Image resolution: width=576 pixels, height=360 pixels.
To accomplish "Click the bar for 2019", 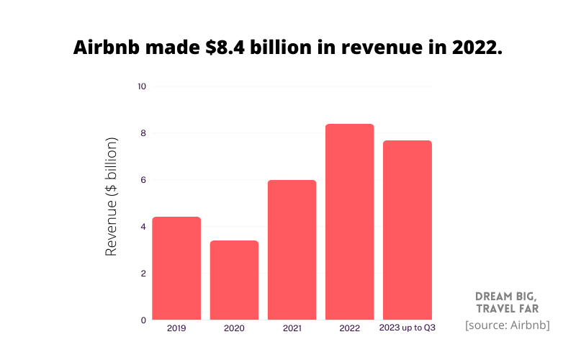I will point(176,268).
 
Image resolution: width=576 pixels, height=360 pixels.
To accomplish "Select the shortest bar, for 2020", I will point(234,280).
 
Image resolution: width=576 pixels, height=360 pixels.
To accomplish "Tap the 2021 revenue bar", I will point(292,250).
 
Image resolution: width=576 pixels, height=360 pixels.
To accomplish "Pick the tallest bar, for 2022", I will point(349,222).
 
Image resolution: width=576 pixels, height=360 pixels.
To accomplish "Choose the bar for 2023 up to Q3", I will point(407,230).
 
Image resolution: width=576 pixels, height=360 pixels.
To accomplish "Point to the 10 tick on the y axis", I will point(141,86).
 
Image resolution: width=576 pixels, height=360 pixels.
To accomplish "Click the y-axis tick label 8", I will point(143,133).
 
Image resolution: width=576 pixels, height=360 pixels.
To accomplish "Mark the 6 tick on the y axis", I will point(143,180).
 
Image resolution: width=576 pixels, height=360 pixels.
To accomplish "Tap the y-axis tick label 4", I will point(143,227).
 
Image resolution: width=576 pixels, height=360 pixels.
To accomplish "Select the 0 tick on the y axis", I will point(143,320).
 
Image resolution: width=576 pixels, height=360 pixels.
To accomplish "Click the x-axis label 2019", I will point(176,328).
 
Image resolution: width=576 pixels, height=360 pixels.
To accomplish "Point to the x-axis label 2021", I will point(292,328).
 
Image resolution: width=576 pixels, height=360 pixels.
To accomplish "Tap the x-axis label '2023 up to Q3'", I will point(408,328).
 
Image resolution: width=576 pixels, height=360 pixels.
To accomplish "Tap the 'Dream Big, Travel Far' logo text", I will point(507,303).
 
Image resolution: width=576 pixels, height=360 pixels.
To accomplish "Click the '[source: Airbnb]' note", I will point(508,325).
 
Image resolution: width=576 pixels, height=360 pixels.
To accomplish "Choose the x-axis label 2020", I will point(234,328).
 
